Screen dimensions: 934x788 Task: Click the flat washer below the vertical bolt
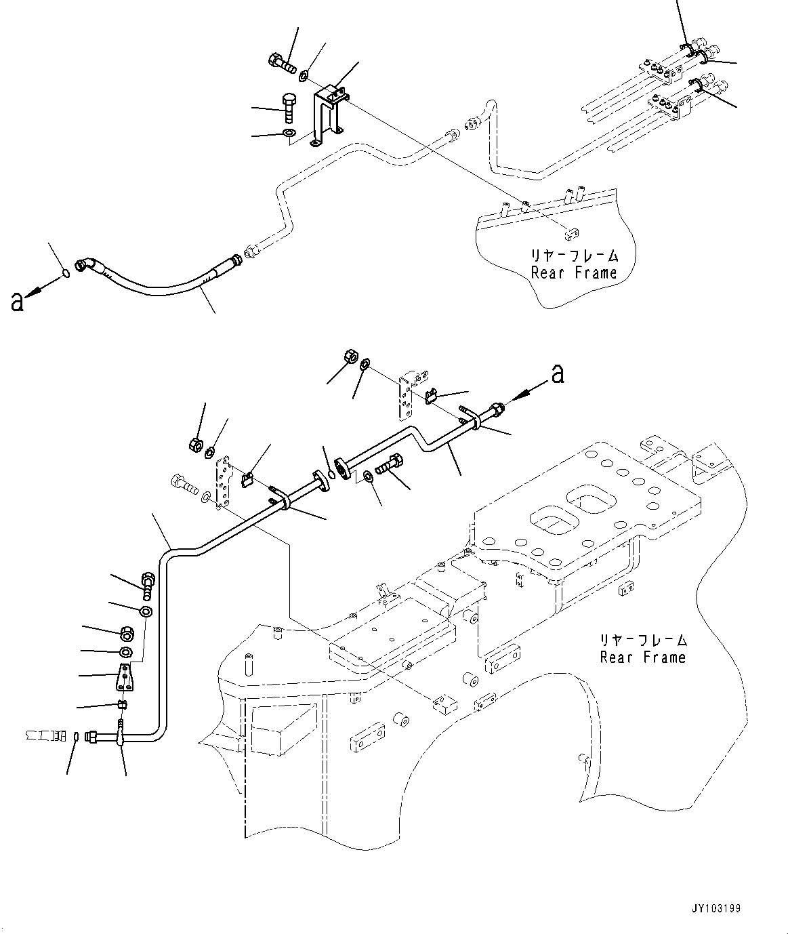(x=289, y=134)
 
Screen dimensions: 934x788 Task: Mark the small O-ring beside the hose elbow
(x=66, y=272)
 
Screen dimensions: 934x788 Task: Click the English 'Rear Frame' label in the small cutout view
(x=574, y=272)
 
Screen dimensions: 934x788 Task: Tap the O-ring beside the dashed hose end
(x=76, y=736)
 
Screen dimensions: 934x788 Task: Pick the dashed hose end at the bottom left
(x=46, y=735)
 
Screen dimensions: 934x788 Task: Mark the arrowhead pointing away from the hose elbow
(x=34, y=289)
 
